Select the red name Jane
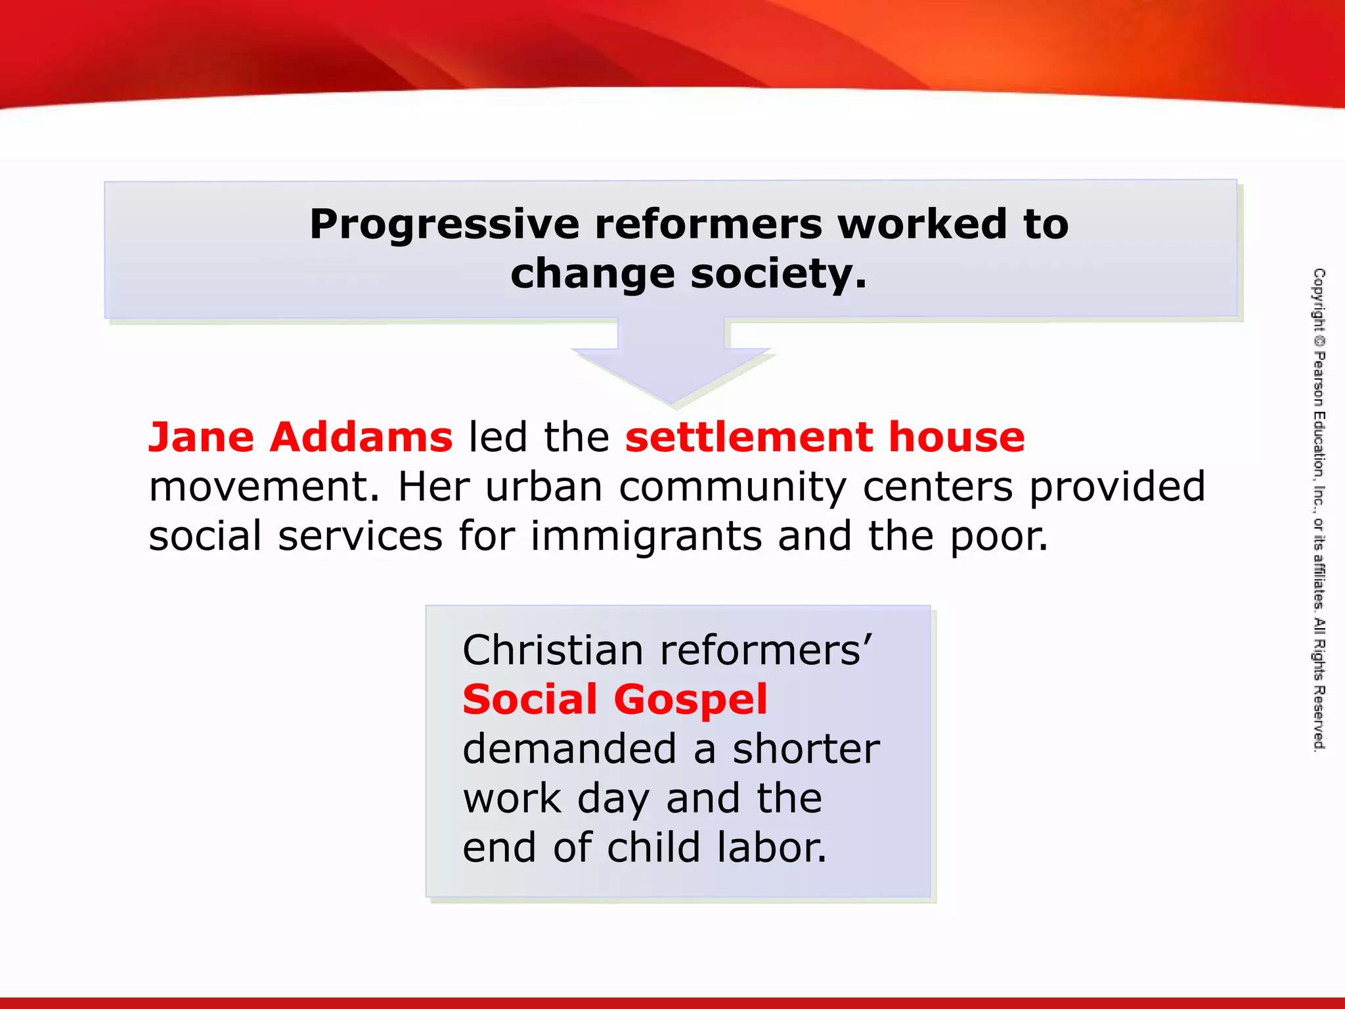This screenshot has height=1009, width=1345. click(x=201, y=437)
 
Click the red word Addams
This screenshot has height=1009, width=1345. click(x=361, y=437)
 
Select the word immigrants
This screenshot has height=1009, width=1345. click(x=646, y=536)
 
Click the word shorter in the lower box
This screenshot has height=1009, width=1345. click(x=806, y=749)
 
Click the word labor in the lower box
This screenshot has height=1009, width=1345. click(x=772, y=847)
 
